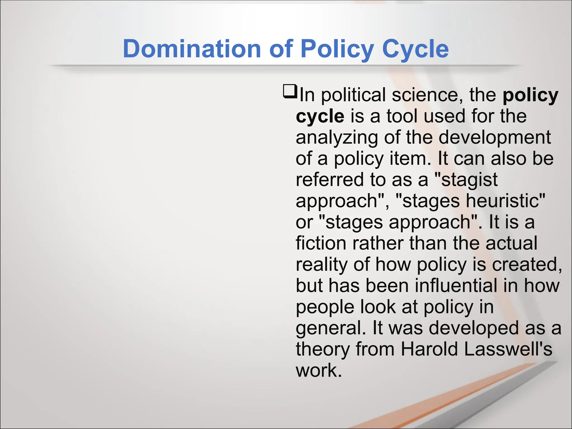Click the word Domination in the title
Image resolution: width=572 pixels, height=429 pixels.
click(192, 49)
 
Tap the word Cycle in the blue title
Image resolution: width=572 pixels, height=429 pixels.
click(415, 49)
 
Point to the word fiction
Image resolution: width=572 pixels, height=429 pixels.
click(321, 243)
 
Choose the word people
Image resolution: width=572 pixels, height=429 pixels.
click(325, 307)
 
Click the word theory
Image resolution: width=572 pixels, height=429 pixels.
click(323, 349)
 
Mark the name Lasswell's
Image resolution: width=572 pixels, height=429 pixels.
click(508, 349)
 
